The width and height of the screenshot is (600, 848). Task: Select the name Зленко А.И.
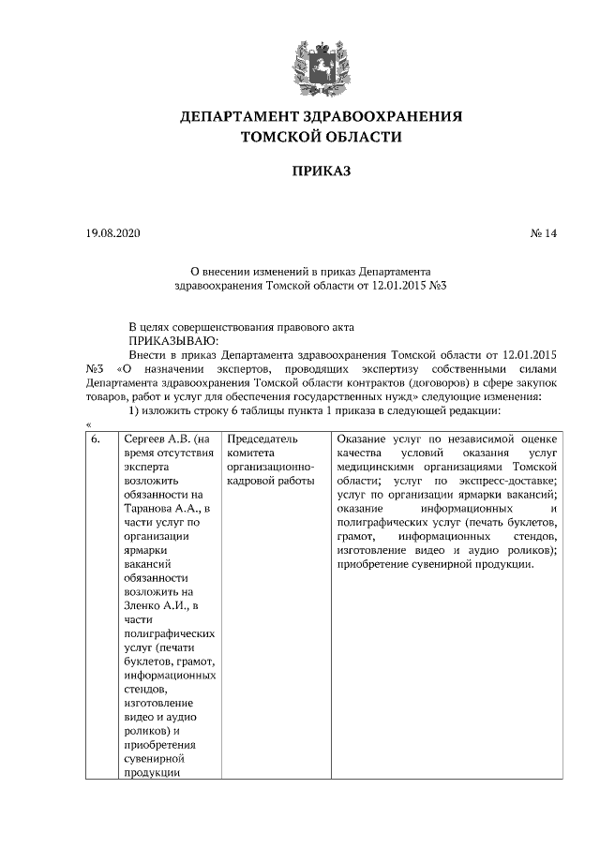(x=149, y=606)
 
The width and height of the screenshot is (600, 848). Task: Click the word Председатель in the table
(x=263, y=439)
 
